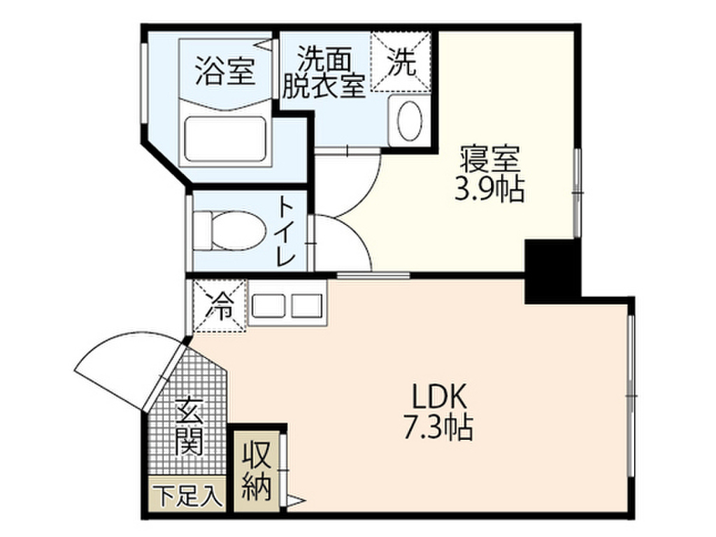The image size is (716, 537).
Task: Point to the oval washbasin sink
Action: tap(409, 120)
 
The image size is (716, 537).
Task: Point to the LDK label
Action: tap(438, 397)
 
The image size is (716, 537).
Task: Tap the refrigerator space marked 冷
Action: tap(220, 306)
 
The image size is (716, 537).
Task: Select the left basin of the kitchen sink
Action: tap(267, 306)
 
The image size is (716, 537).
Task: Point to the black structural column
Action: tap(552, 269)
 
